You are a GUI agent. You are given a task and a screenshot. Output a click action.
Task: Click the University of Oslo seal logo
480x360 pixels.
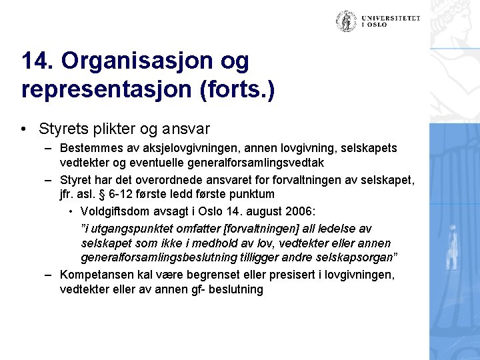[345, 21]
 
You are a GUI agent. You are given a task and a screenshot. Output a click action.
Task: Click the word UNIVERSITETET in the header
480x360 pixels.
[391, 18]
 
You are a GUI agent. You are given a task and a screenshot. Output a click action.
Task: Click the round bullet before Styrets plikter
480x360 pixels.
[24, 128]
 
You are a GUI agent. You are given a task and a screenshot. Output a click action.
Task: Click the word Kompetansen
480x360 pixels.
[96, 274]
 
